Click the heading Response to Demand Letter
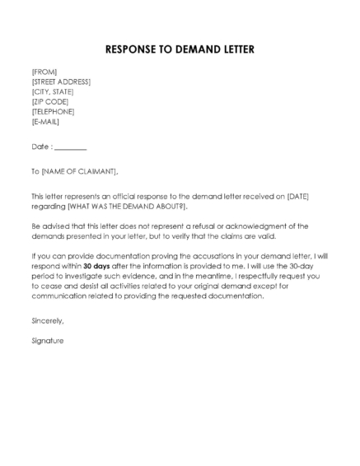pyautogui.click(x=180, y=49)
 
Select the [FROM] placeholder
pyautogui.click(x=44, y=72)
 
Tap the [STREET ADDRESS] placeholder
pyautogui.click(x=61, y=82)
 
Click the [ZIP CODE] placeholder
pyautogui.click(x=50, y=102)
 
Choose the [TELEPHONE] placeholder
pyautogui.click(x=53, y=112)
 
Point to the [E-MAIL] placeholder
pyautogui.click(x=47, y=122)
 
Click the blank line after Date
pyautogui.click(x=71, y=148)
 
